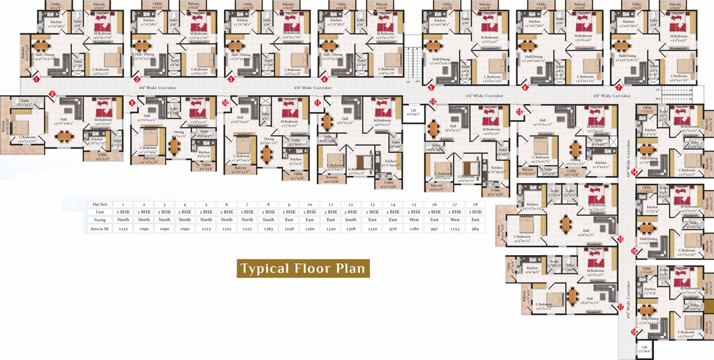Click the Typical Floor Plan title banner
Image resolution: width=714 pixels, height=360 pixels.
pyautogui.click(x=304, y=268)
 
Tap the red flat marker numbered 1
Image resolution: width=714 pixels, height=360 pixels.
pyautogui.click(x=36, y=80)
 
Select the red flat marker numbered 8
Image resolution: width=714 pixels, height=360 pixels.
pyautogui.click(x=52, y=94)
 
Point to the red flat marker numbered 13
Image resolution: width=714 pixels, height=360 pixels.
pyautogui.click(x=519, y=112)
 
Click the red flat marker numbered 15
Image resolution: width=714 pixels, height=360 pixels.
pyautogui.click(x=620, y=239)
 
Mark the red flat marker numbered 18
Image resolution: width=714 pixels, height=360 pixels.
pyautogui.click(x=634, y=332)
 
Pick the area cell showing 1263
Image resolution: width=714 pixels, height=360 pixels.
pyautogui.click(x=268, y=229)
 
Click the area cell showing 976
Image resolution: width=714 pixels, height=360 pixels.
pyautogui.click(x=393, y=229)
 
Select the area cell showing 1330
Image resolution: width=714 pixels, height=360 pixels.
pyautogui.click(x=330, y=229)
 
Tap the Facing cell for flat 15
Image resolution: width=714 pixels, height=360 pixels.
pyautogui.click(x=414, y=220)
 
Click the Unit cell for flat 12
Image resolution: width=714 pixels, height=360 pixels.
pyautogui.click(x=351, y=212)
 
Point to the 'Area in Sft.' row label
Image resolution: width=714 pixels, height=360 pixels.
pyautogui.click(x=101, y=229)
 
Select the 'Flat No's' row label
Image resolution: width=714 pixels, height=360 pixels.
pyautogui.click(x=101, y=204)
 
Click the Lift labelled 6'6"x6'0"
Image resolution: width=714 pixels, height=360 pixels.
pyautogui.click(x=413, y=112)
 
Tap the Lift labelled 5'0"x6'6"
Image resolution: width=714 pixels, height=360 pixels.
pyautogui.click(x=644, y=349)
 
